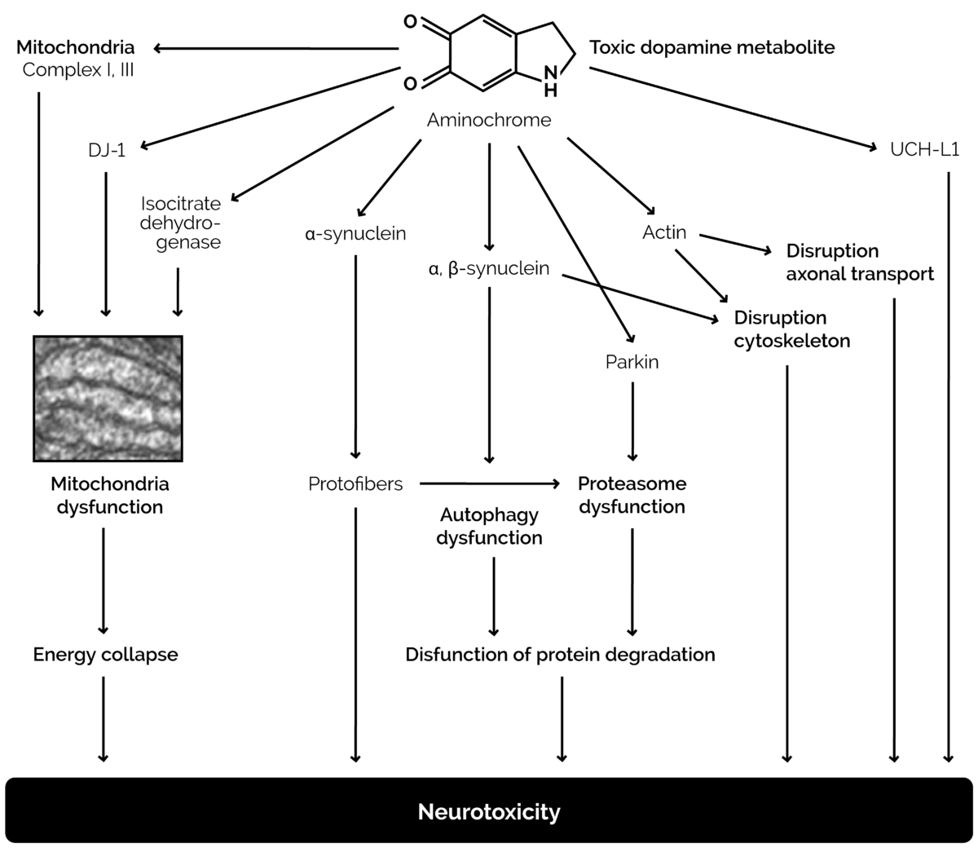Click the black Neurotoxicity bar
click(x=489, y=811)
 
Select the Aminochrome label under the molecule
click(x=489, y=121)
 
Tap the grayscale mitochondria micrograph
click(x=108, y=398)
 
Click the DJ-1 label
click(x=107, y=150)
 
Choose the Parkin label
click(x=632, y=361)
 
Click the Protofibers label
click(x=355, y=484)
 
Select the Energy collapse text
click(x=105, y=654)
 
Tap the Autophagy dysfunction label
click(x=489, y=526)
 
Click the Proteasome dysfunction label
click(x=632, y=495)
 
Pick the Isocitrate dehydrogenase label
click(x=181, y=222)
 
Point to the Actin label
click(x=664, y=232)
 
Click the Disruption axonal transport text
click(x=859, y=262)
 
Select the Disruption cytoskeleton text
click(x=791, y=329)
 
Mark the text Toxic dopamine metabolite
click(x=711, y=47)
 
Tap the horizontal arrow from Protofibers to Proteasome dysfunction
click(x=489, y=483)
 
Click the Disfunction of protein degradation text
click(x=560, y=654)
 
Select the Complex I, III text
click(x=78, y=69)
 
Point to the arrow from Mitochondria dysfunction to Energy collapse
click(x=104, y=579)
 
